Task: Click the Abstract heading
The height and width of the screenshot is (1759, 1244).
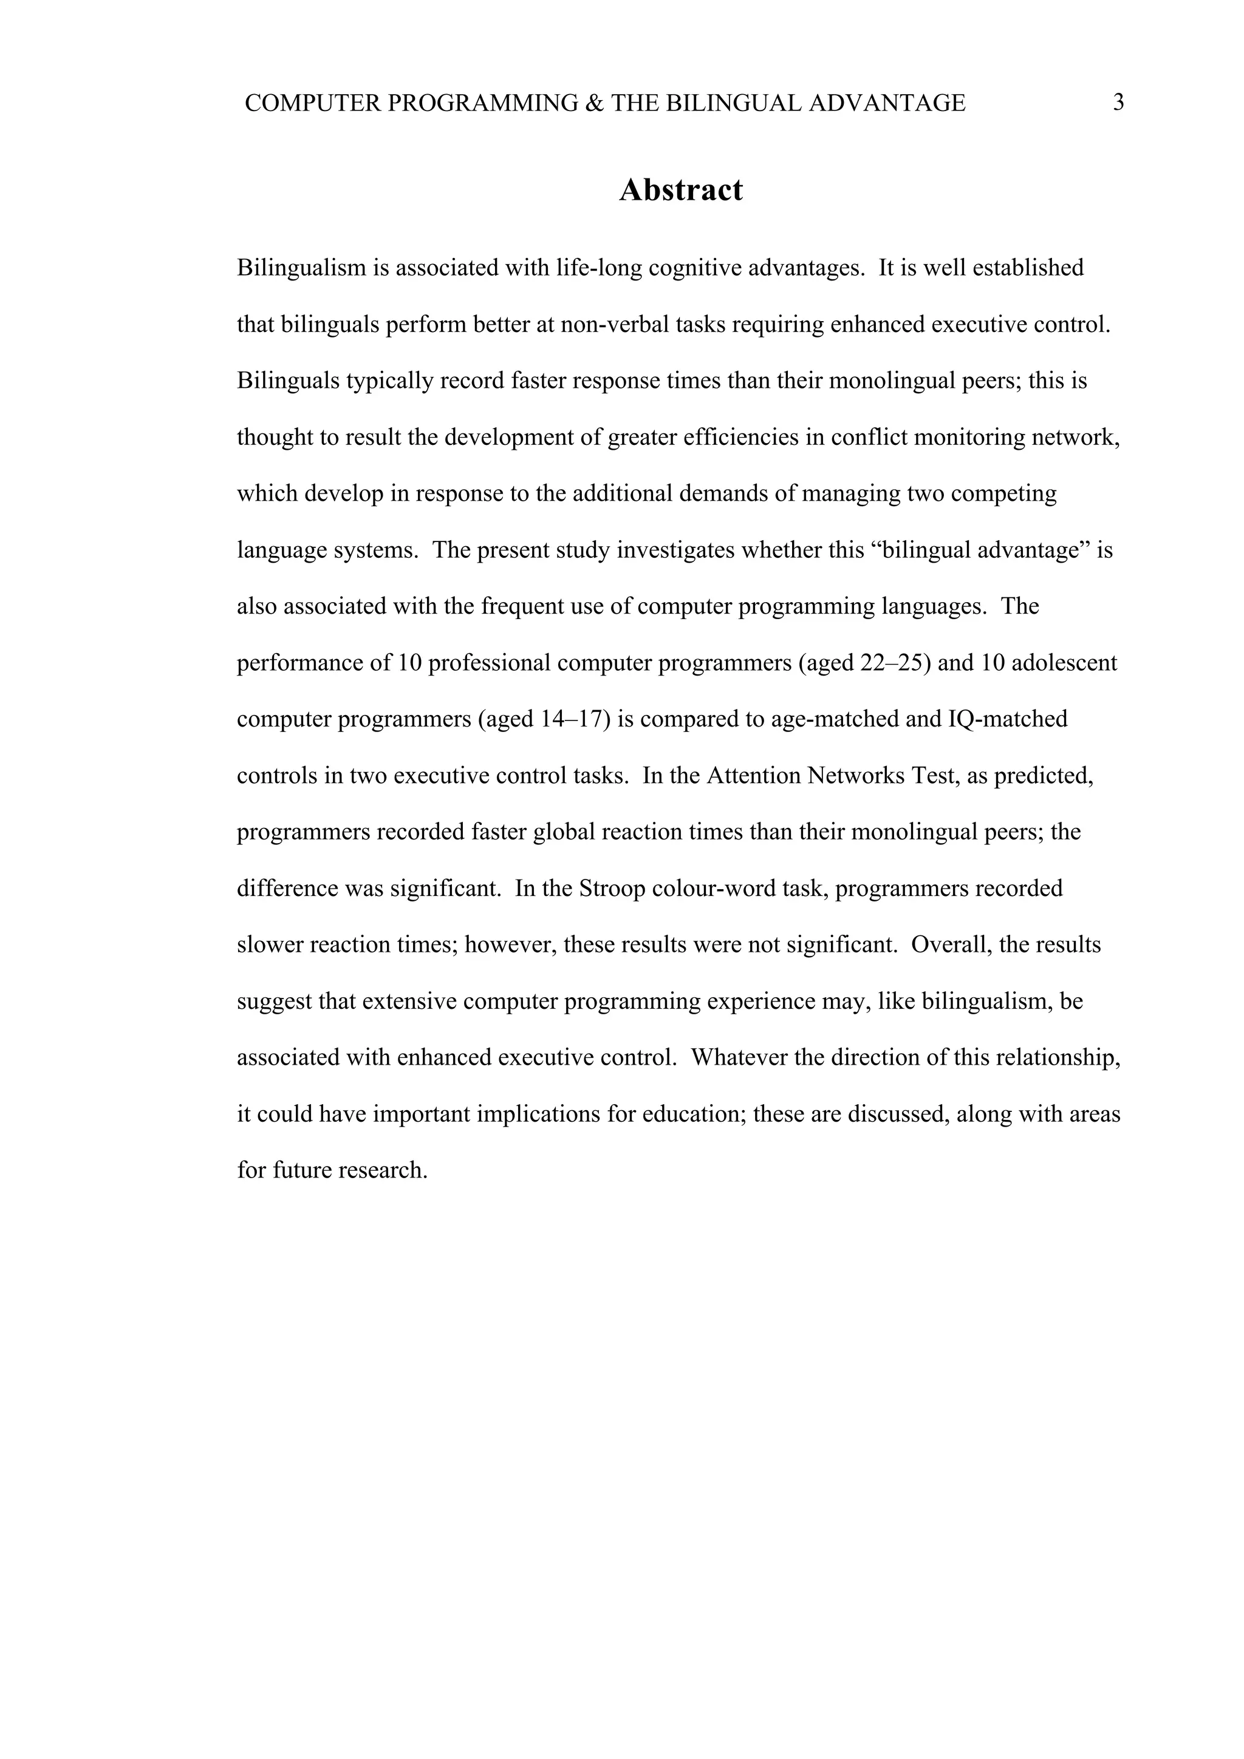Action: (681, 190)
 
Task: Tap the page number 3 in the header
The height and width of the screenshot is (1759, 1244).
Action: (1118, 103)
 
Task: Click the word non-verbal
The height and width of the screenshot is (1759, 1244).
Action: (615, 325)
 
